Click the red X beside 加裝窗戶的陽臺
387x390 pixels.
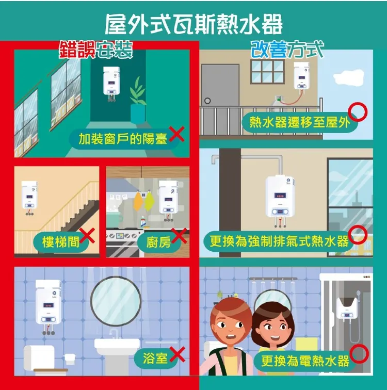point(176,135)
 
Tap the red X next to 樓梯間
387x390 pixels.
point(88,236)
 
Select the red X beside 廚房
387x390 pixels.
point(179,236)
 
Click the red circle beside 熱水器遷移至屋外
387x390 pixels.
point(357,110)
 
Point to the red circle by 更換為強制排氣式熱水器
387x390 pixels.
point(358,235)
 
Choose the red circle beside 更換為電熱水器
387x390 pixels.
point(359,353)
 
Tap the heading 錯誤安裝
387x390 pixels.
point(96,51)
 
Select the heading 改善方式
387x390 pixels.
point(287,51)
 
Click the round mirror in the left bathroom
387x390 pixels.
point(116,301)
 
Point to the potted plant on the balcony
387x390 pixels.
point(138,103)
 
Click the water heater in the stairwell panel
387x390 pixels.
point(29,196)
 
